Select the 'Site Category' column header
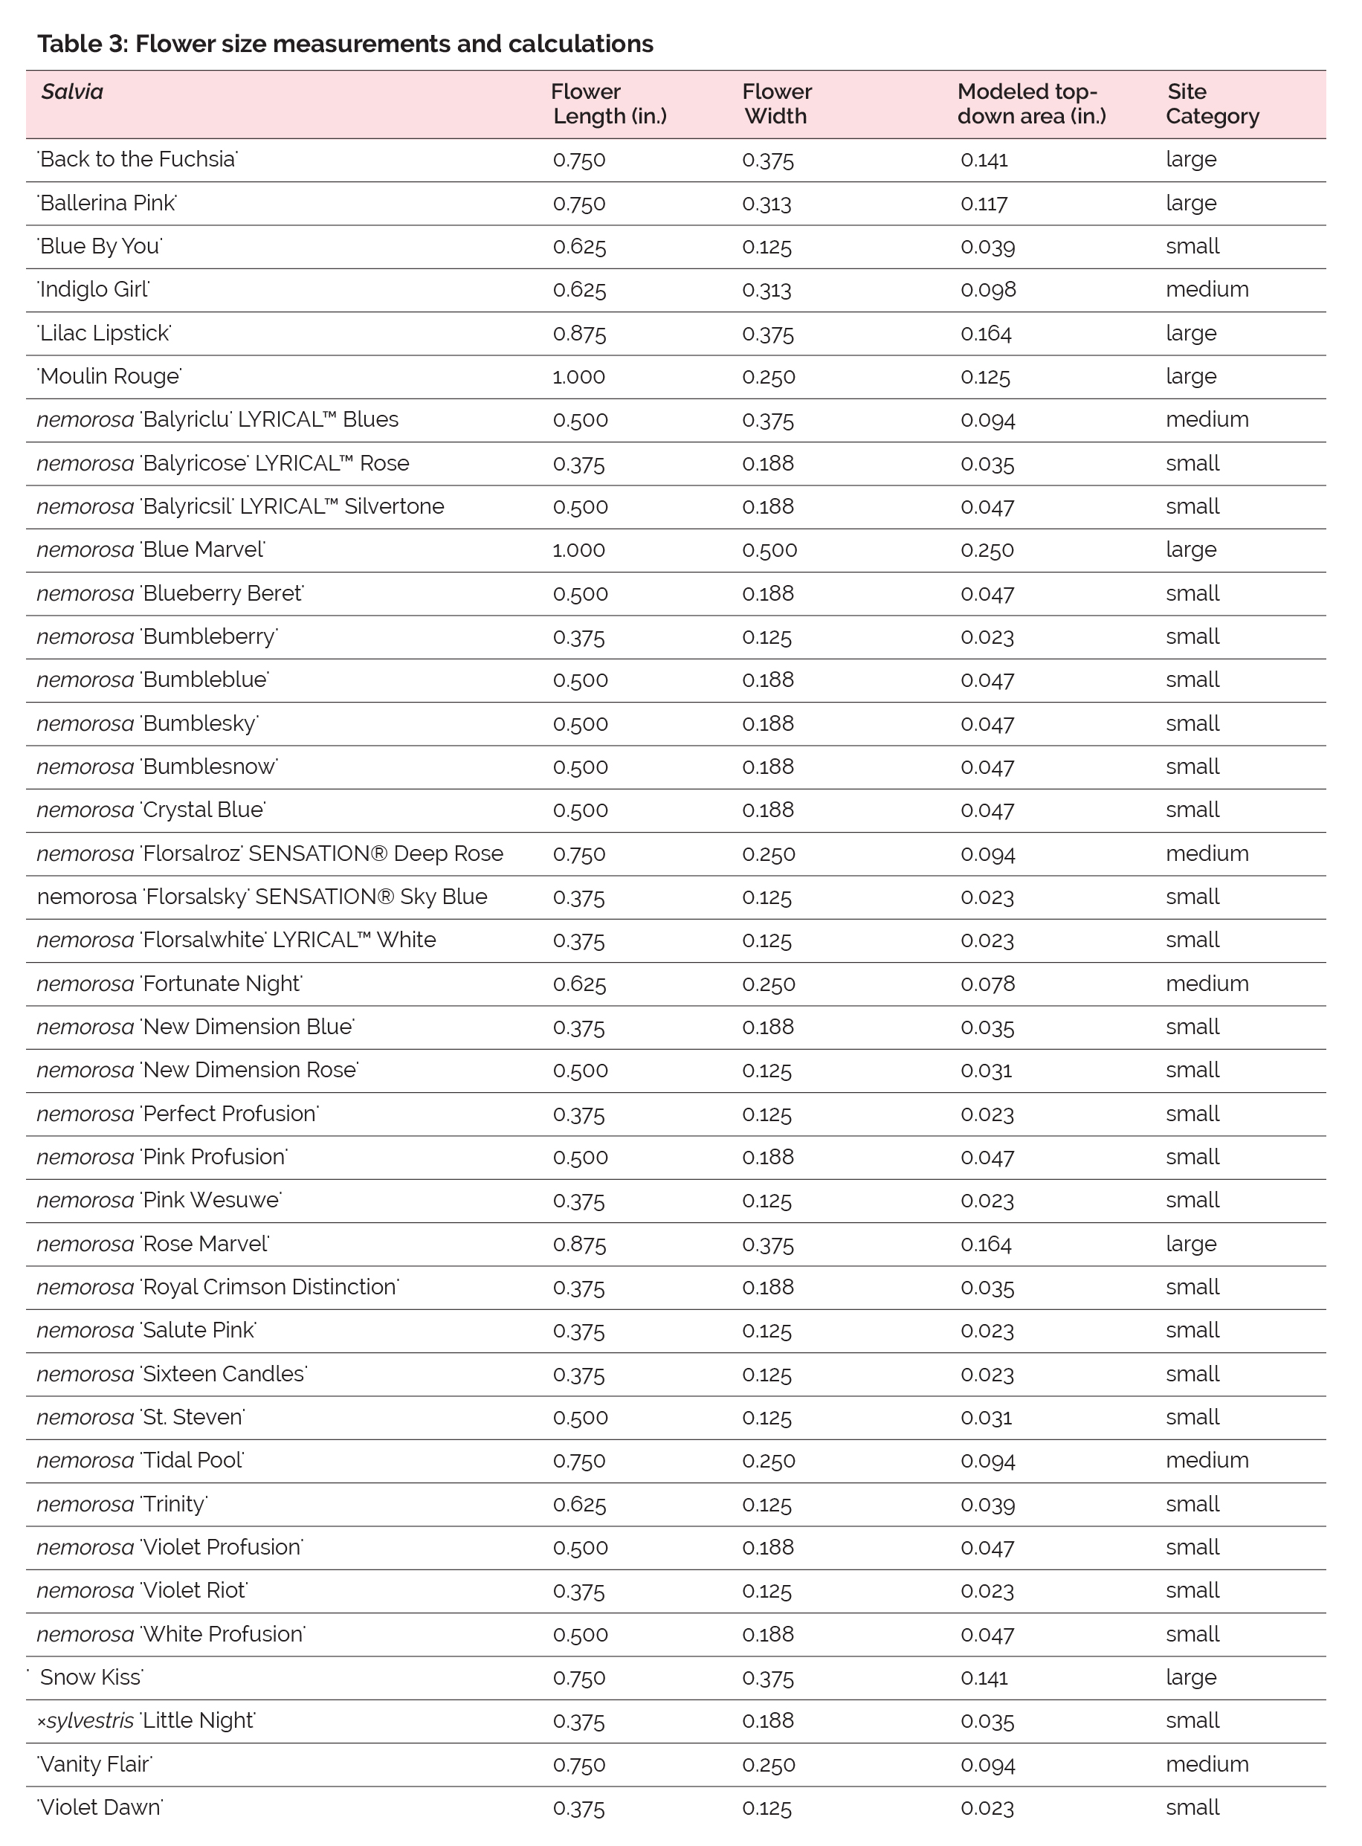pyautogui.click(x=1212, y=104)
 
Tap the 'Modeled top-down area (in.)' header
pyautogui.click(x=1030, y=104)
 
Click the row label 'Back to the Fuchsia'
pyautogui.click(x=138, y=159)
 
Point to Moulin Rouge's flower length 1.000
pyautogui.click(x=578, y=377)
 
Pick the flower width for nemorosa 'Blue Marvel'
pyautogui.click(x=769, y=550)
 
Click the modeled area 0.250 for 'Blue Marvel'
pyautogui.click(x=987, y=550)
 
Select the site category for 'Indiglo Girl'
pyautogui.click(x=1206, y=289)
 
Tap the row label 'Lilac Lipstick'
pyautogui.click(x=105, y=333)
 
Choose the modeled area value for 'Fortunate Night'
pyautogui.click(x=987, y=984)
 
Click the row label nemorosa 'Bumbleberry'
pyautogui.click(x=158, y=636)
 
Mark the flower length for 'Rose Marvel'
pyautogui.click(x=580, y=1244)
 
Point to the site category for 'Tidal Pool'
pyautogui.click(x=1206, y=1460)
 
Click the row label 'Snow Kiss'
pyautogui.click(x=91, y=1677)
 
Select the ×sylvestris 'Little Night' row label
pyautogui.click(x=146, y=1720)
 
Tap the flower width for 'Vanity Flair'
pyautogui.click(x=769, y=1764)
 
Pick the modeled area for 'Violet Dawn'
pyautogui.click(x=987, y=1808)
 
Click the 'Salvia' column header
pyautogui.click(x=73, y=91)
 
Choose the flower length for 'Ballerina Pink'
pyautogui.click(x=578, y=203)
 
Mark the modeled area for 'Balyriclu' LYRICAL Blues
pyautogui.click(x=987, y=419)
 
